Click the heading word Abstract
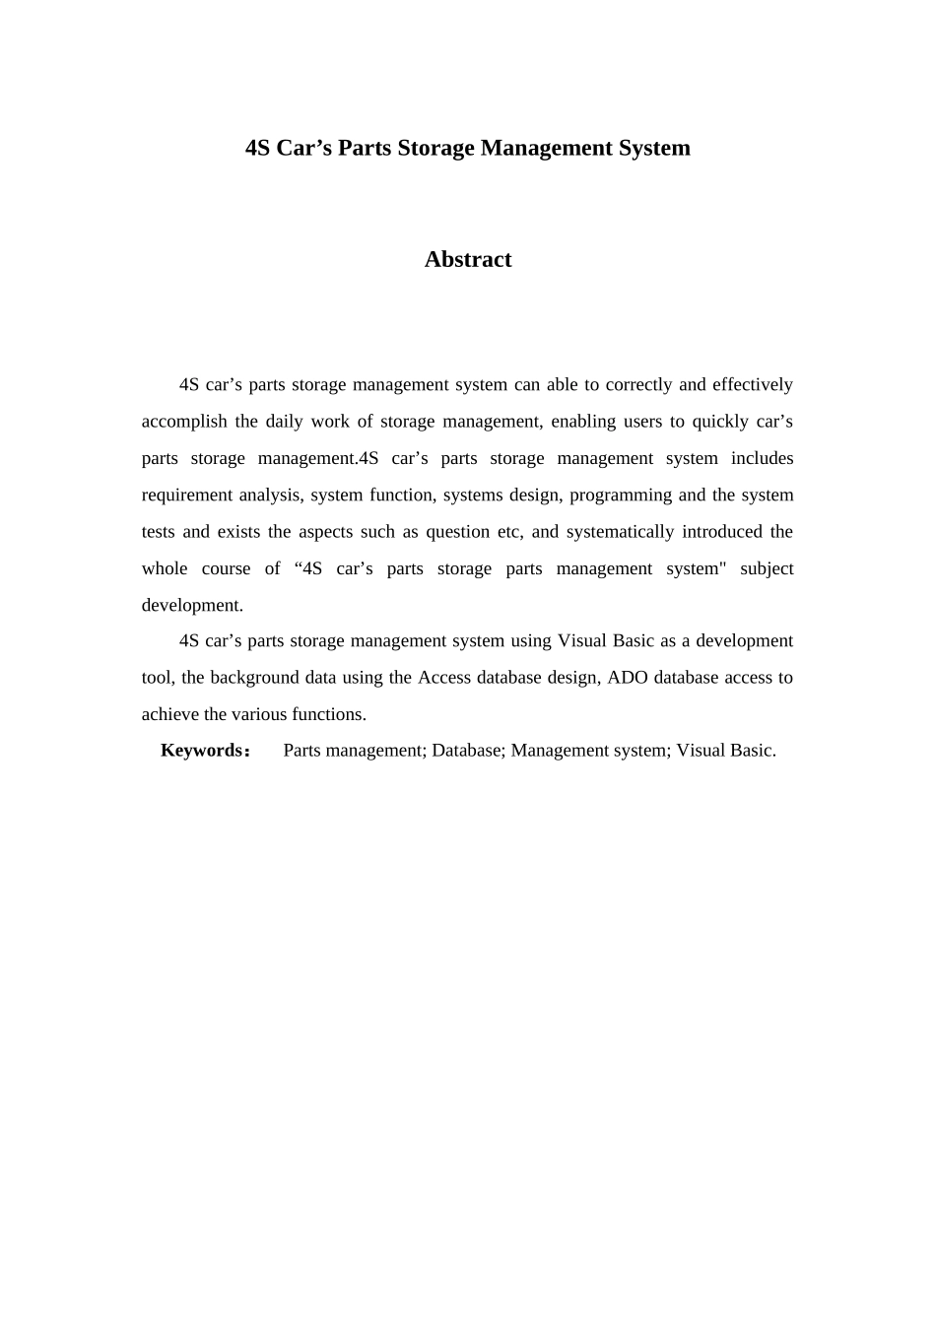(467, 259)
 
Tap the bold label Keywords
(201, 750)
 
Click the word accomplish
(184, 422)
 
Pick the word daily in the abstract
(284, 422)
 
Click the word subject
(767, 568)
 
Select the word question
(457, 531)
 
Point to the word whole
(165, 568)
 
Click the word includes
(762, 458)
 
